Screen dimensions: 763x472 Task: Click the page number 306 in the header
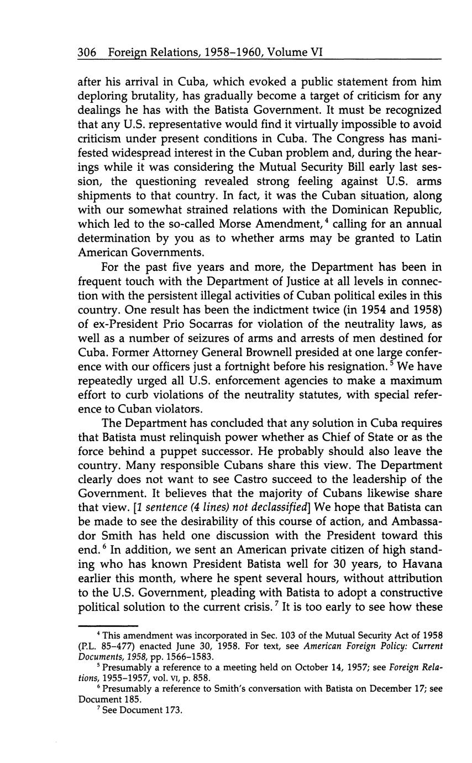pyautogui.click(x=87, y=53)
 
